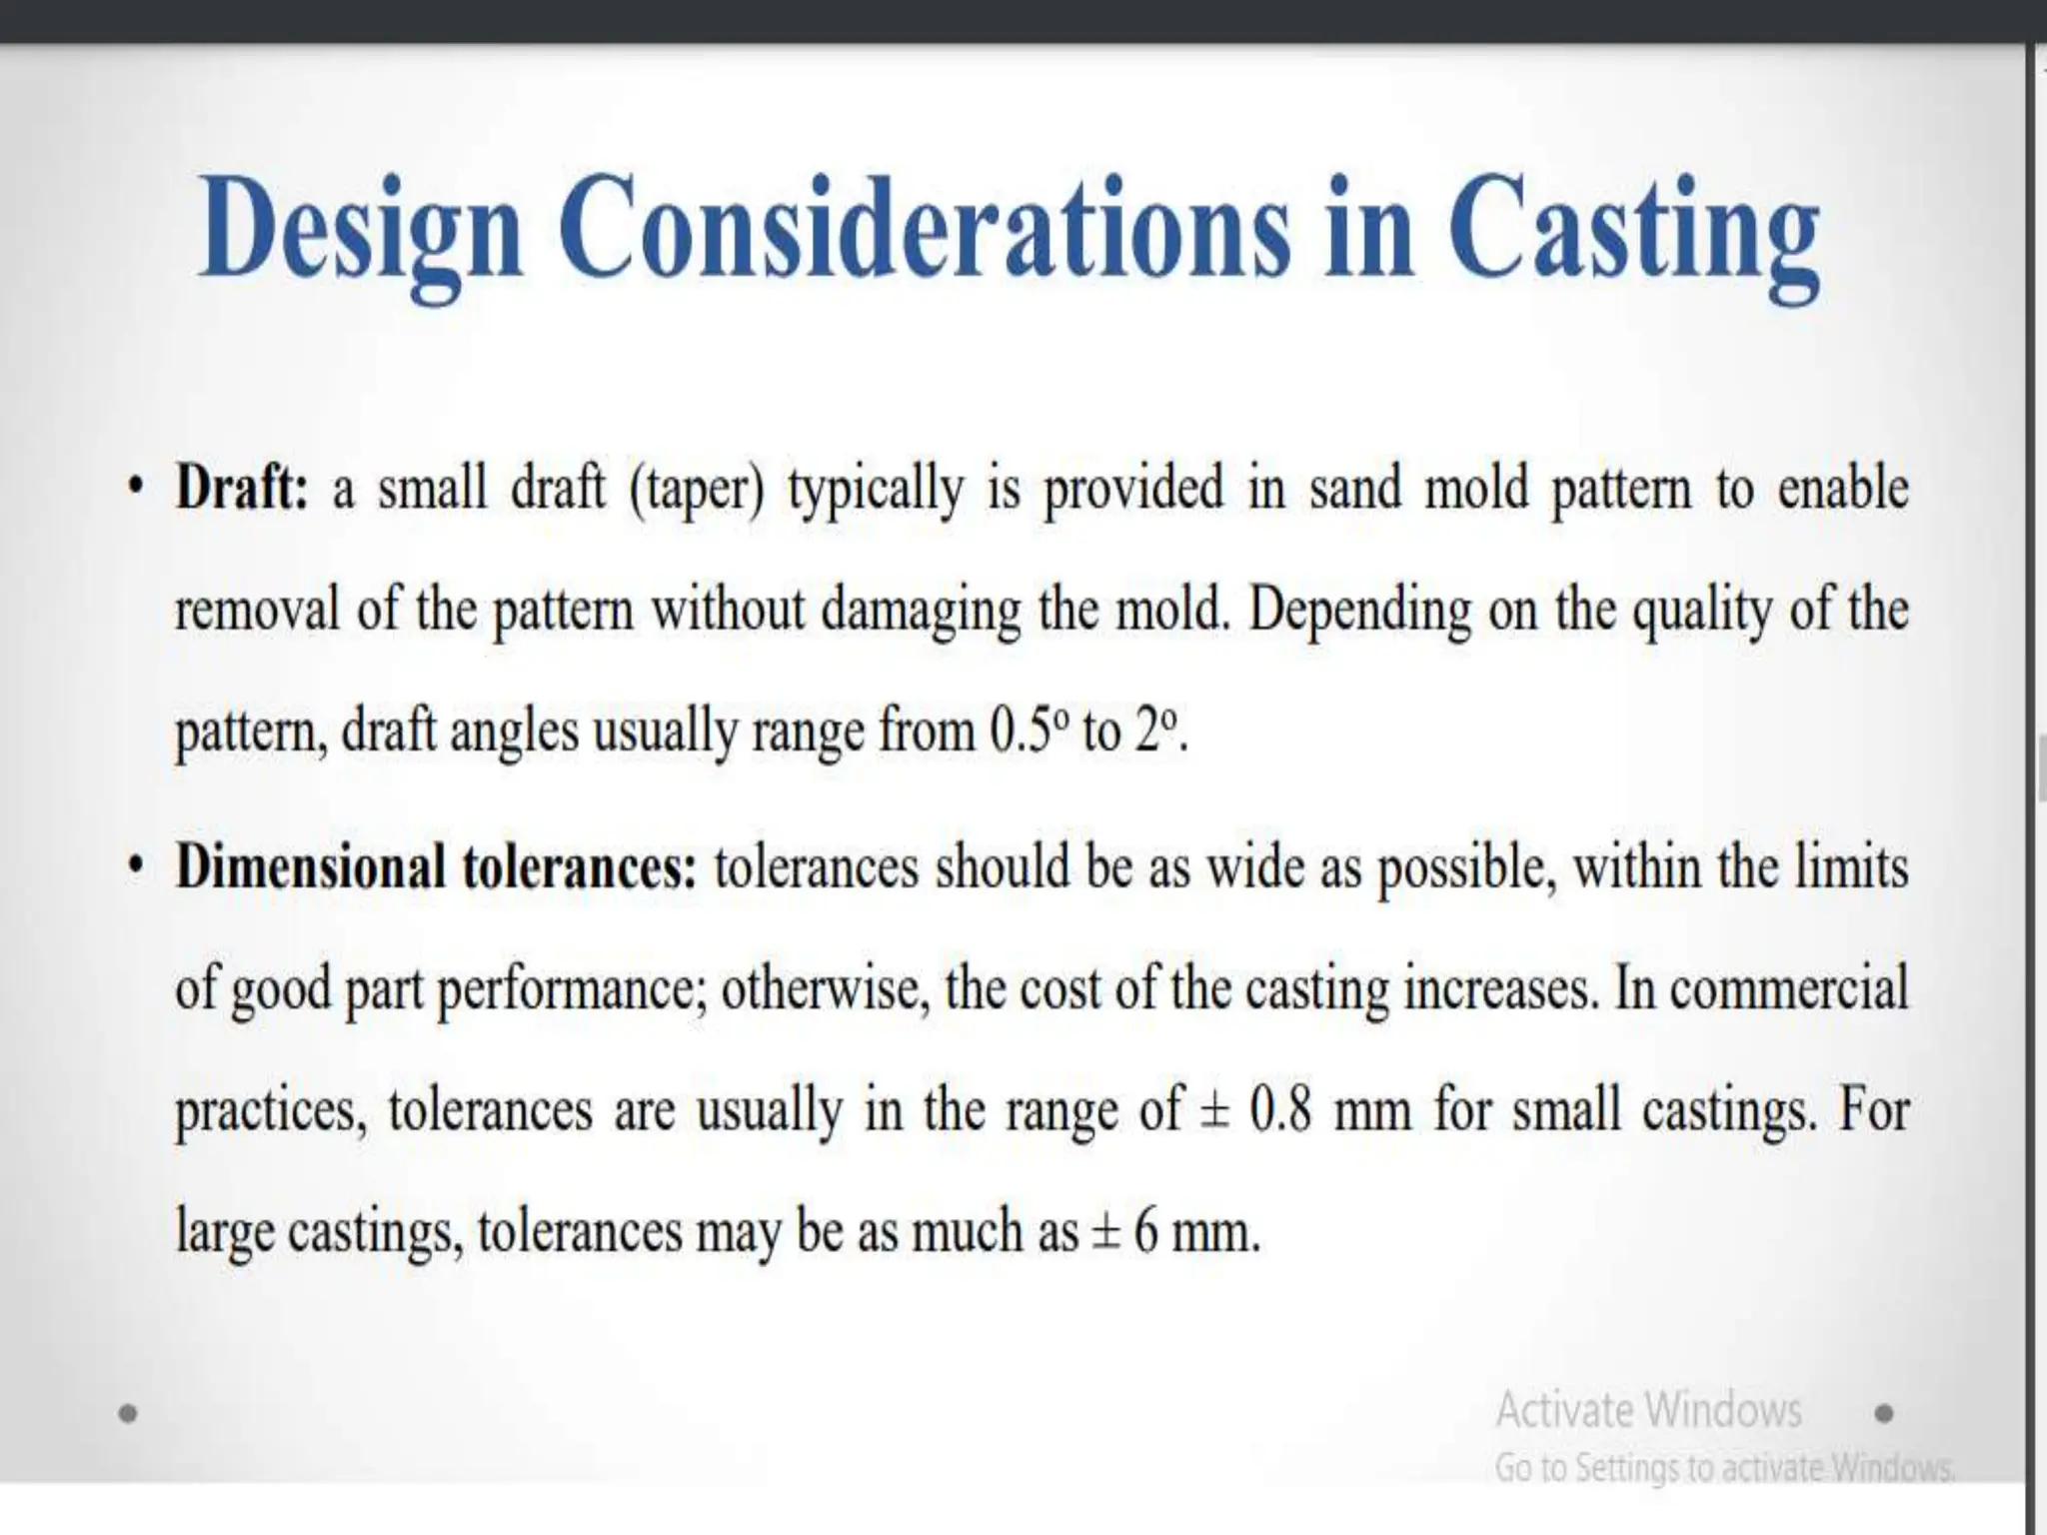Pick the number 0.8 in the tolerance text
[1280, 1109]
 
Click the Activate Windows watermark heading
[1648, 1410]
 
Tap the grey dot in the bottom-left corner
[127, 1413]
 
